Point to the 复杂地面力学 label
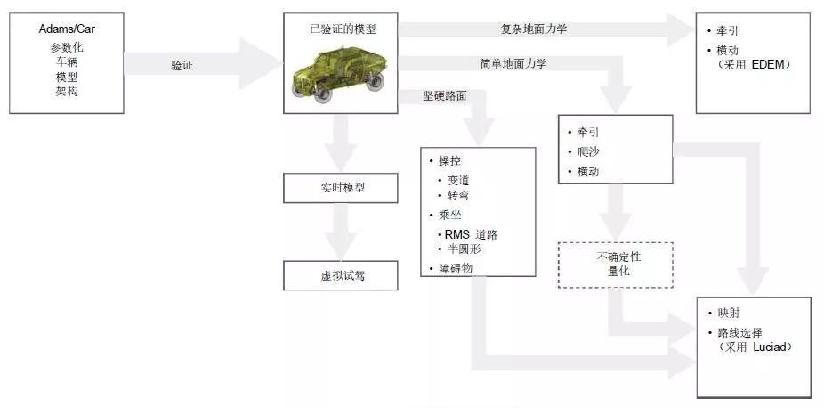(x=534, y=29)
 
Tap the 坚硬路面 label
(x=445, y=95)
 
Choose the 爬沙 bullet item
(x=588, y=151)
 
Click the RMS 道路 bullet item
(x=471, y=234)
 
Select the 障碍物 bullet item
(x=455, y=267)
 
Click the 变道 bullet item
(x=458, y=180)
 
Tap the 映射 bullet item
(x=729, y=314)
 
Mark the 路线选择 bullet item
(x=740, y=332)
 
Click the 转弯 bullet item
(x=458, y=195)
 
